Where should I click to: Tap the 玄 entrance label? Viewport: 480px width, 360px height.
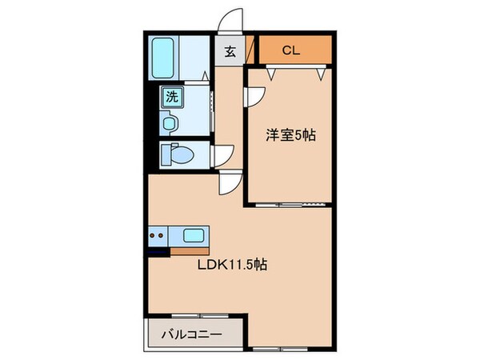230,53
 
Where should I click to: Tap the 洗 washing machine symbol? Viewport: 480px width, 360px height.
171,98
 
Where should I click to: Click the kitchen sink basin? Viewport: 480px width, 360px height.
193,235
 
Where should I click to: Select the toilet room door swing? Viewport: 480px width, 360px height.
223,154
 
